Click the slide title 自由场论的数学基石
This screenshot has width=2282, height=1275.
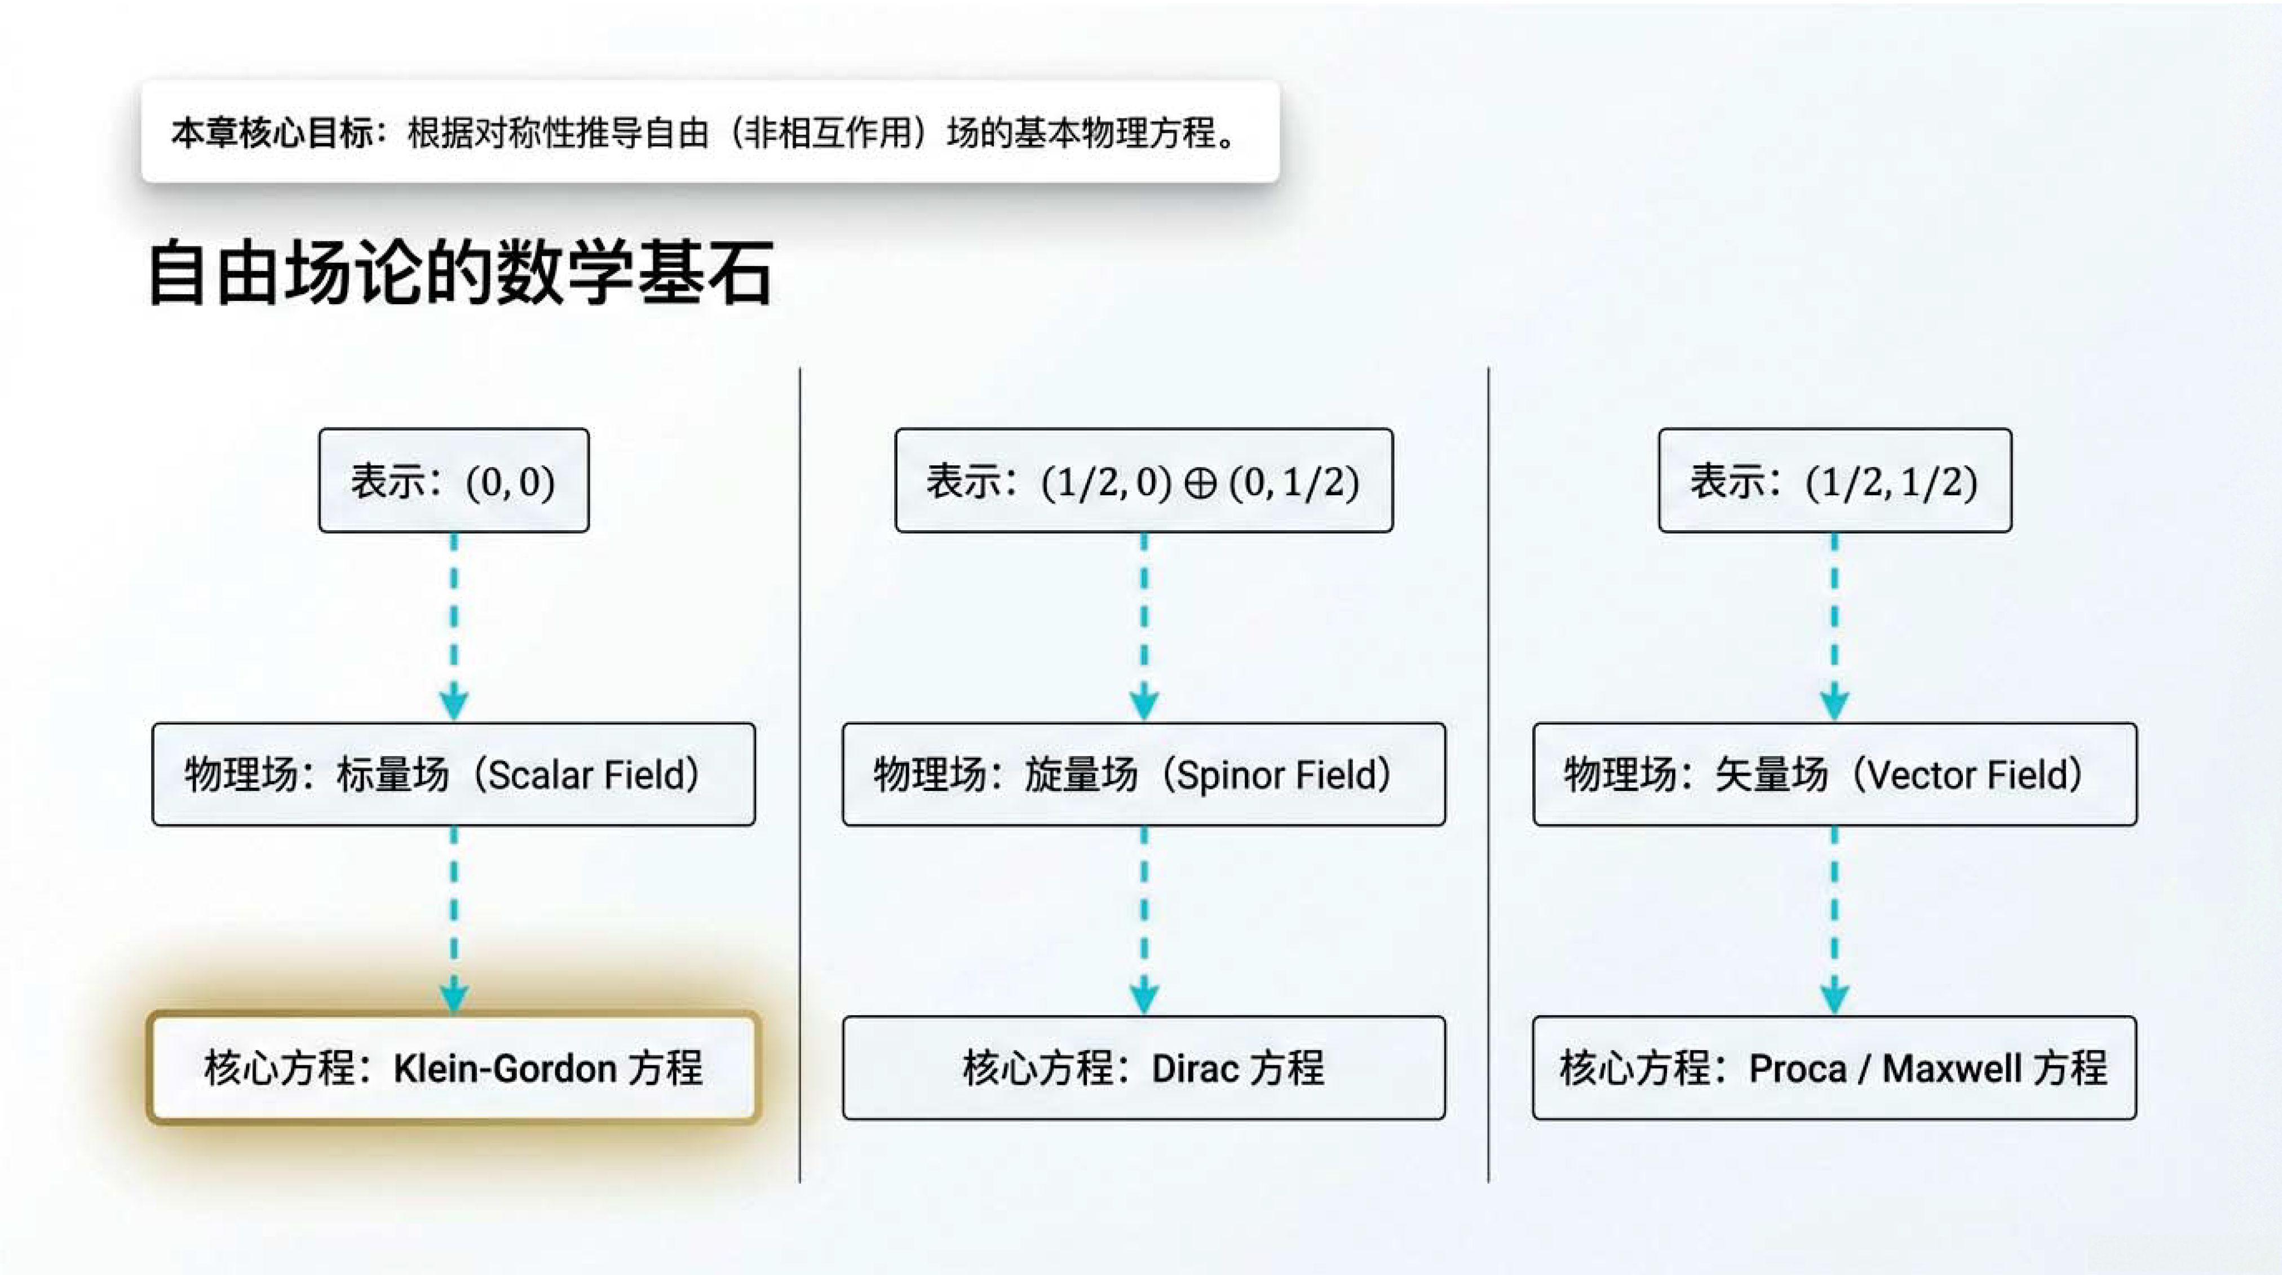coord(461,273)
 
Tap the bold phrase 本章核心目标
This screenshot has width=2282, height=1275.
coord(272,133)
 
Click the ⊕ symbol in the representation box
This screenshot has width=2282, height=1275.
coord(1200,483)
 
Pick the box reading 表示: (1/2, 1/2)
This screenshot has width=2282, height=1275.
coord(1834,480)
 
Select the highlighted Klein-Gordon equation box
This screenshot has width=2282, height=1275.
coord(454,1068)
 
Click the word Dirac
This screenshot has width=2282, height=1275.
coord(1193,1069)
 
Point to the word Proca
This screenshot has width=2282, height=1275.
coord(1797,1069)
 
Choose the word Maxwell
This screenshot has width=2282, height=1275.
coord(1952,1069)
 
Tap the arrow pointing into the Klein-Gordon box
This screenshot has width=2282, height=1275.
coord(454,919)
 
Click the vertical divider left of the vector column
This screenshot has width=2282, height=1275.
coord(1488,775)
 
